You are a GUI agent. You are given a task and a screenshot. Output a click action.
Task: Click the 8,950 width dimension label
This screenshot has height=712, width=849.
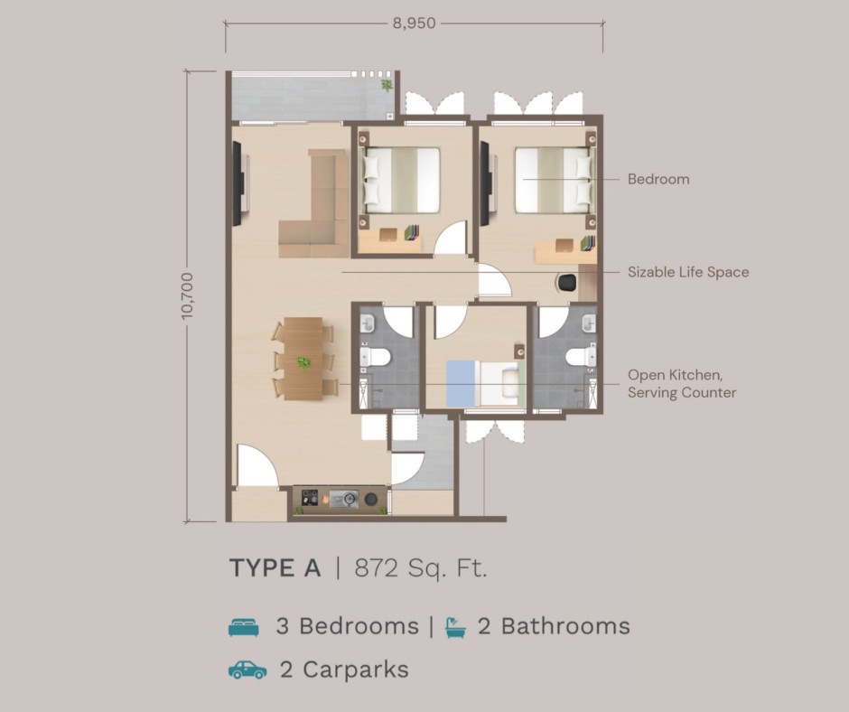(x=415, y=23)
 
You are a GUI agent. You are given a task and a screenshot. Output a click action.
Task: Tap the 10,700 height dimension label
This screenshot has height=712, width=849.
(x=187, y=295)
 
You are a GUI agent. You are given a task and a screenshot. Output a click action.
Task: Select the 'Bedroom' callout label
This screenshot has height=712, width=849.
(x=658, y=179)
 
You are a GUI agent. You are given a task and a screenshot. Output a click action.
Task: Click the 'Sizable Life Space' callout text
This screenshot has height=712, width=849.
(x=688, y=272)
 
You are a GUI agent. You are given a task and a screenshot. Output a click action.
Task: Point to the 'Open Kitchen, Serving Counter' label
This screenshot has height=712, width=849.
(x=682, y=384)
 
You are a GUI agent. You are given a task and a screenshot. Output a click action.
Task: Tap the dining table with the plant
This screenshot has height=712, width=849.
(x=303, y=359)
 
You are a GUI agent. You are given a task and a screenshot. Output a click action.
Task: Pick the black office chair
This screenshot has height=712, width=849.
(x=566, y=283)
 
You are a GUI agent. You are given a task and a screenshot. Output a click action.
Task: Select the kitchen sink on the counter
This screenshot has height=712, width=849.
(x=344, y=499)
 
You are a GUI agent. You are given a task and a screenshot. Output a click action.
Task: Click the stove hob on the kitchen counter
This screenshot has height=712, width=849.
(x=310, y=498)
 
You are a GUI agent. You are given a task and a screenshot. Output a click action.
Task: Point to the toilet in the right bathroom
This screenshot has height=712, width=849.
(x=581, y=357)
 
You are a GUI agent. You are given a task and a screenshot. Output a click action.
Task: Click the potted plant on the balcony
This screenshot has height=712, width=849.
(x=387, y=85)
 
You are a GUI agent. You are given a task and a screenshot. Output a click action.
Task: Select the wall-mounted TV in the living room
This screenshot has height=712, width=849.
(x=237, y=183)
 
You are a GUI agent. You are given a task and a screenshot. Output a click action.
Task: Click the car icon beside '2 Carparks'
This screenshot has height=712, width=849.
(x=247, y=670)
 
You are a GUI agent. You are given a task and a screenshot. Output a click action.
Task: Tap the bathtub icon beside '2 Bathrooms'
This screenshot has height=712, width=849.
(x=455, y=627)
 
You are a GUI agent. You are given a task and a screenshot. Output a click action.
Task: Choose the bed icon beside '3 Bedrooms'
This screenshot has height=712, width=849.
(x=244, y=627)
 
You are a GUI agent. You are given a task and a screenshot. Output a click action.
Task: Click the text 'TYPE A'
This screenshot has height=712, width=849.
(x=275, y=567)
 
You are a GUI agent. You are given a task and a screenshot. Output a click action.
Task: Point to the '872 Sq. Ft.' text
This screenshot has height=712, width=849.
(x=421, y=568)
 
